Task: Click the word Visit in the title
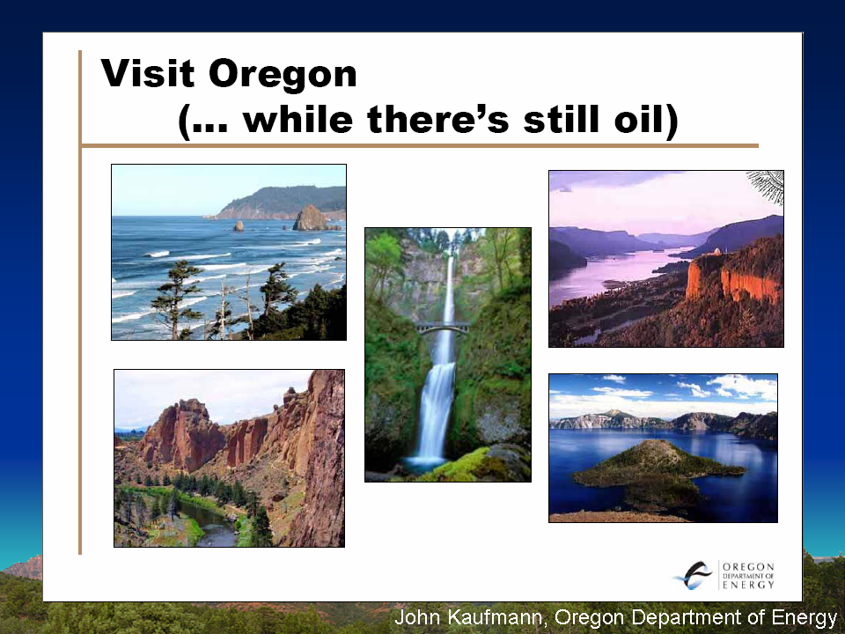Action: pos(147,73)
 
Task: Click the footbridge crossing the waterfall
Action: pos(443,327)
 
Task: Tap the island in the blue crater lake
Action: pos(658,469)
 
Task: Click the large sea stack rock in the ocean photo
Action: pos(311,218)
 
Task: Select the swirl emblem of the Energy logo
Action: pos(694,576)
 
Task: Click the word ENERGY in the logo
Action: pos(748,585)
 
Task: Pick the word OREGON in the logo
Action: pos(748,566)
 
